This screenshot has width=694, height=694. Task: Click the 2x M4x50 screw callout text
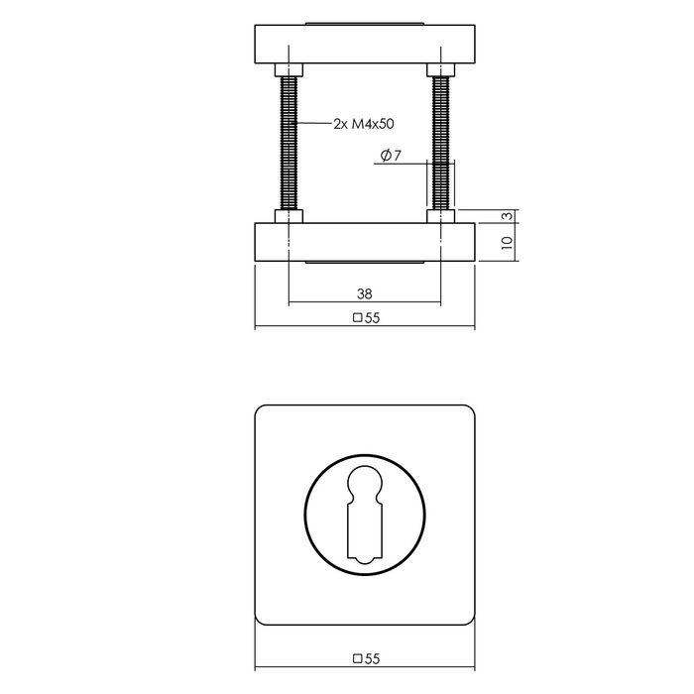(x=364, y=124)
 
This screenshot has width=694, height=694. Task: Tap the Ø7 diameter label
(x=391, y=156)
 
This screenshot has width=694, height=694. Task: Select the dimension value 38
(x=364, y=293)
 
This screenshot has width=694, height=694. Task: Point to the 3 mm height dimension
(x=509, y=215)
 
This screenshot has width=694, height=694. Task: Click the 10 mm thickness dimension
(x=508, y=243)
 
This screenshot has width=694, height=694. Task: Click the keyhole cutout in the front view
(x=365, y=515)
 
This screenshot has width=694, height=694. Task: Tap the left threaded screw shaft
(x=289, y=144)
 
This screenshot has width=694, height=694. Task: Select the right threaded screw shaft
(x=441, y=144)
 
